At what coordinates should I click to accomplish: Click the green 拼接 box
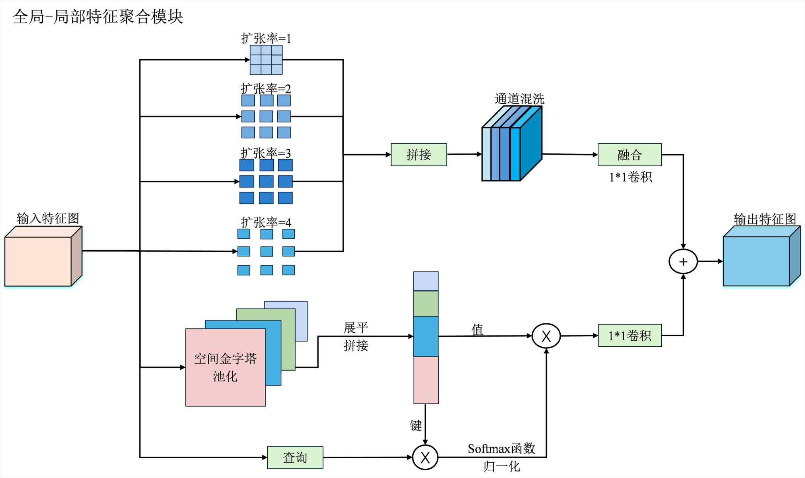click(x=419, y=155)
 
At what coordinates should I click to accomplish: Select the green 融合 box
click(x=630, y=155)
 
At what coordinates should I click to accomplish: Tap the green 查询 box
click(x=295, y=457)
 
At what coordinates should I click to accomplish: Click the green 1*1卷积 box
click(x=630, y=335)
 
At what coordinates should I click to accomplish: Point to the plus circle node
click(x=683, y=262)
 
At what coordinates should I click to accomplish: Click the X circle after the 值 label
click(x=546, y=336)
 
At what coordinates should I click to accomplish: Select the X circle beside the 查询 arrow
click(x=425, y=457)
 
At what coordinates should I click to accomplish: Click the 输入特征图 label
click(x=48, y=218)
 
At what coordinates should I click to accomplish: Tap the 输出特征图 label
click(x=765, y=219)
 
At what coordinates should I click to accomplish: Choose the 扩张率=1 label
click(x=266, y=39)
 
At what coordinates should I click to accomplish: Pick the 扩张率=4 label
click(x=266, y=222)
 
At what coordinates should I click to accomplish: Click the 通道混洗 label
click(x=519, y=99)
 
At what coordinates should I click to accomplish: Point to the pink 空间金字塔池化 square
click(x=225, y=367)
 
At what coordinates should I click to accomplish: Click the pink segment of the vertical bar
click(x=426, y=380)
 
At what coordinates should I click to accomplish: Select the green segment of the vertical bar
click(x=426, y=304)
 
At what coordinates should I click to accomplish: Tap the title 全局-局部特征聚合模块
click(x=98, y=17)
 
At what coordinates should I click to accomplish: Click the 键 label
click(x=416, y=425)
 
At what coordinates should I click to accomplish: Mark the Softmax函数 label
click(x=502, y=449)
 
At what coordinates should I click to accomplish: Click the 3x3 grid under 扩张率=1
click(x=266, y=60)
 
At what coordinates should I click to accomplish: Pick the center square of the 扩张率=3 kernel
click(x=266, y=182)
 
